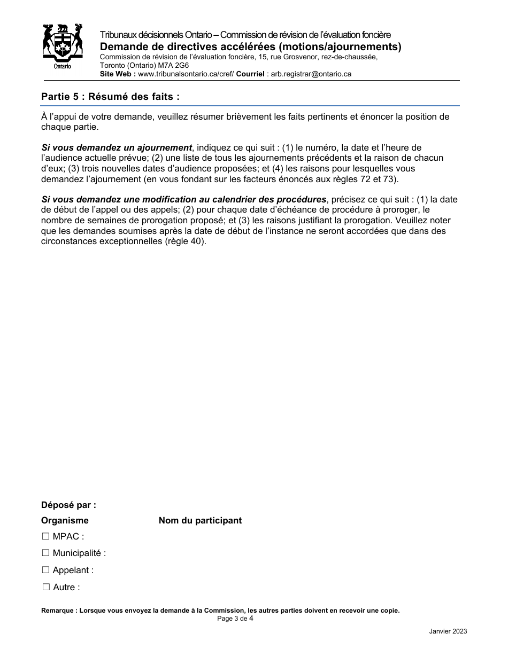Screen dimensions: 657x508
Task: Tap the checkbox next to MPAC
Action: click(x=45, y=536)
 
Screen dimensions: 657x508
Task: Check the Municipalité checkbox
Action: click(x=45, y=553)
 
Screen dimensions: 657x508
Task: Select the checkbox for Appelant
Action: click(x=45, y=570)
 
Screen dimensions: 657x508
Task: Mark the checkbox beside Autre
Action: click(x=45, y=587)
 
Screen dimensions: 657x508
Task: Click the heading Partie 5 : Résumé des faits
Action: click(x=110, y=97)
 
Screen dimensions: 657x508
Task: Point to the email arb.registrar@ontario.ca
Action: click(x=311, y=74)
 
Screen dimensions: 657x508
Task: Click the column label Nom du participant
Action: click(x=200, y=520)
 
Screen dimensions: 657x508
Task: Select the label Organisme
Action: click(x=65, y=520)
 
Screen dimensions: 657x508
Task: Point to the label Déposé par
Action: click(x=68, y=505)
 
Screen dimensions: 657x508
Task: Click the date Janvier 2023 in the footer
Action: click(x=448, y=631)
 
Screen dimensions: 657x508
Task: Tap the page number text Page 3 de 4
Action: click(x=235, y=619)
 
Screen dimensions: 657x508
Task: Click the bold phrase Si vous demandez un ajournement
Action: click(x=117, y=147)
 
